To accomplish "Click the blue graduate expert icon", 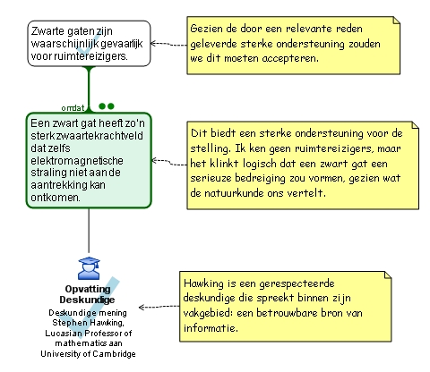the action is tap(89, 268).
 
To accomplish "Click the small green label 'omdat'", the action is tap(73, 108).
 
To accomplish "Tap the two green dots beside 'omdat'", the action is tap(107, 106).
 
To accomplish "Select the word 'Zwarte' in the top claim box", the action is tap(47, 31).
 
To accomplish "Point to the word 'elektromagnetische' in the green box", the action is tap(77, 160).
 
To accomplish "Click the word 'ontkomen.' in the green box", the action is tap(56, 198).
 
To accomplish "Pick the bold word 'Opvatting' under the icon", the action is tap(88, 289).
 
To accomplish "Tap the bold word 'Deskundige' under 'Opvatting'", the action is tap(87, 300).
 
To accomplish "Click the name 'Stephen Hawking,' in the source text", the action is tap(88, 323).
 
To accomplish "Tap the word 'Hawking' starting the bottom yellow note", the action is tap(203, 283).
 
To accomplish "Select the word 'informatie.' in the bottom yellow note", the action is tap(211, 328).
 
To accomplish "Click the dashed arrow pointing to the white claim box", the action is tap(168, 44).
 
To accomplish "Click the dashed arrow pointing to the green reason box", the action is tap(169, 163).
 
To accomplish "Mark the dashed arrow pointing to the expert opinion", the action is tap(159, 307).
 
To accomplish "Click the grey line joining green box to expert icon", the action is tap(89, 230).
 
